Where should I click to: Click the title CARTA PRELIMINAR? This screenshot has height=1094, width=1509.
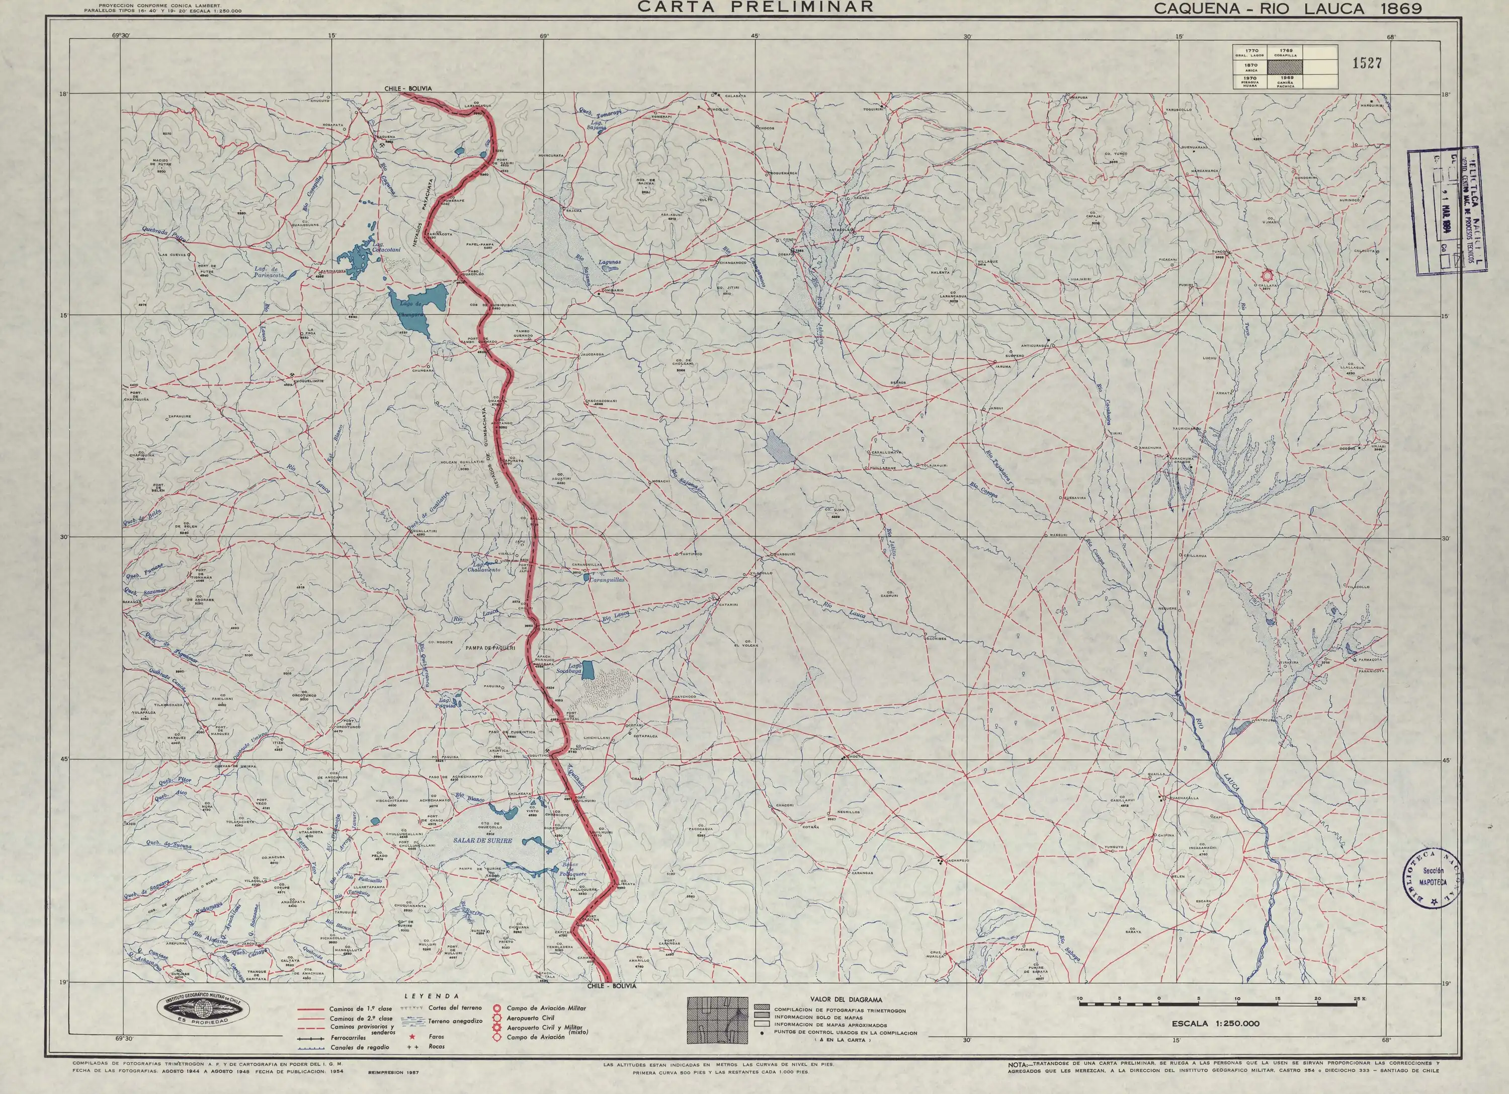coord(755,8)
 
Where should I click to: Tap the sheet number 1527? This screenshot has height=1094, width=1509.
coord(1367,63)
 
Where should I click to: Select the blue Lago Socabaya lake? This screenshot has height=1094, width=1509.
coord(588,668)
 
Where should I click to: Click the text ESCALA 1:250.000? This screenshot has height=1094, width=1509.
coord(1216,1024)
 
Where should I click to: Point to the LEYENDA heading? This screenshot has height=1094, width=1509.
coord(432,996)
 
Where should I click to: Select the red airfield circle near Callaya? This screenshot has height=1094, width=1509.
coord(1267,274)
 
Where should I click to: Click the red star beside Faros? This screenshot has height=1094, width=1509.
coord(412,1036)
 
